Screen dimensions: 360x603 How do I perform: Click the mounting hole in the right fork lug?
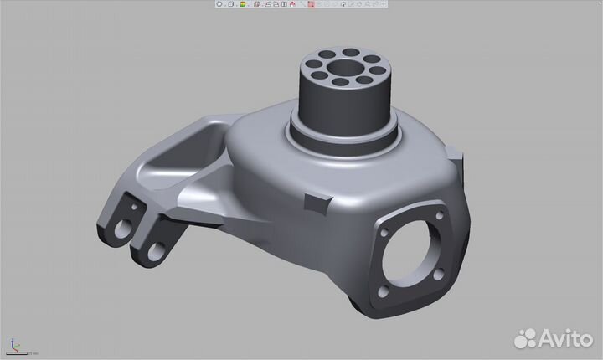[x=156, y=249]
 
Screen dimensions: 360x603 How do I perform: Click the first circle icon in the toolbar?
[x=219, y=4]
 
